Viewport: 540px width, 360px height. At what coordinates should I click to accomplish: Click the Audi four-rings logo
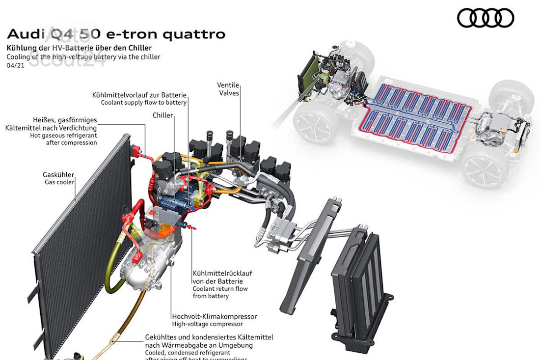point(486,18)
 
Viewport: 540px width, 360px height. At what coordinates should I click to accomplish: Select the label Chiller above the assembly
point(162,115)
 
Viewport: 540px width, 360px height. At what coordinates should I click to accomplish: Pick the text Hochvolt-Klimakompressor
point(215,316)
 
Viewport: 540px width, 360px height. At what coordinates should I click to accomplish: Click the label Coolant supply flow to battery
point(144,103)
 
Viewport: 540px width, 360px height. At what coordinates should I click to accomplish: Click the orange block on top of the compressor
point(166,227)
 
